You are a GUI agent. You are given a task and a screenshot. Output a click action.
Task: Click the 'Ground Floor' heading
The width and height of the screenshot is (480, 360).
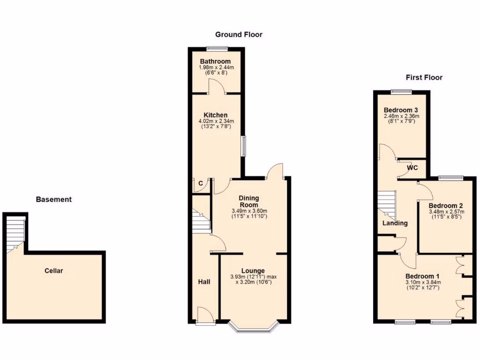click(x=239, y=34)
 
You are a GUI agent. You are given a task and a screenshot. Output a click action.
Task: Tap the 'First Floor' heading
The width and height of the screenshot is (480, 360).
click(x=424, y=77)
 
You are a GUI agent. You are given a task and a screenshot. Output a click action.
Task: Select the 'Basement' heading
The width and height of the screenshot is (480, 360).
click(x=54, y=199)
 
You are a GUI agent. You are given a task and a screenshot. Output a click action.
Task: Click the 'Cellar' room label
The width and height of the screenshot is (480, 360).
click(x=53, y=270)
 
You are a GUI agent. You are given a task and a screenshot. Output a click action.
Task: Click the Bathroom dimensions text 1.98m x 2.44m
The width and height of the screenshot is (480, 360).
click(x=216, y=68)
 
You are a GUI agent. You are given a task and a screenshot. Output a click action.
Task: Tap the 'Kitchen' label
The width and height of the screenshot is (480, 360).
click(x=216, y=115)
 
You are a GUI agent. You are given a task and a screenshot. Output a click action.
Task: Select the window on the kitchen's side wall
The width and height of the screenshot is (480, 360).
click(x=243, y=146)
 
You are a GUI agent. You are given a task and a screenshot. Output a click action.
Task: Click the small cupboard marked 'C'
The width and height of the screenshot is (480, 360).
click(x=200, y=184)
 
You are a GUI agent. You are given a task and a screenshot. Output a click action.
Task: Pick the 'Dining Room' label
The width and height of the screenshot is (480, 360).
click(x=249, y=202)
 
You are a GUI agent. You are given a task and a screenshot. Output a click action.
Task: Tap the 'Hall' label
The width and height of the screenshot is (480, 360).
click(x=204, y=282)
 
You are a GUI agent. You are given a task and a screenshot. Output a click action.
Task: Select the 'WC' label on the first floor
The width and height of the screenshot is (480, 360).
click(x=412, y=167)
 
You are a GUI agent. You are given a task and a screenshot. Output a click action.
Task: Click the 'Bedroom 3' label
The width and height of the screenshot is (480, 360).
click(x=401, y=110)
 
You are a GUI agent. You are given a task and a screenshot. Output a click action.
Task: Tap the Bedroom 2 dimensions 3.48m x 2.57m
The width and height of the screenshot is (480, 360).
click(x=446, y=212)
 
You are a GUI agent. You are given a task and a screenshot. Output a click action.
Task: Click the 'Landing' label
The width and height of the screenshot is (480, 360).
click(x=395, y=223)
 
